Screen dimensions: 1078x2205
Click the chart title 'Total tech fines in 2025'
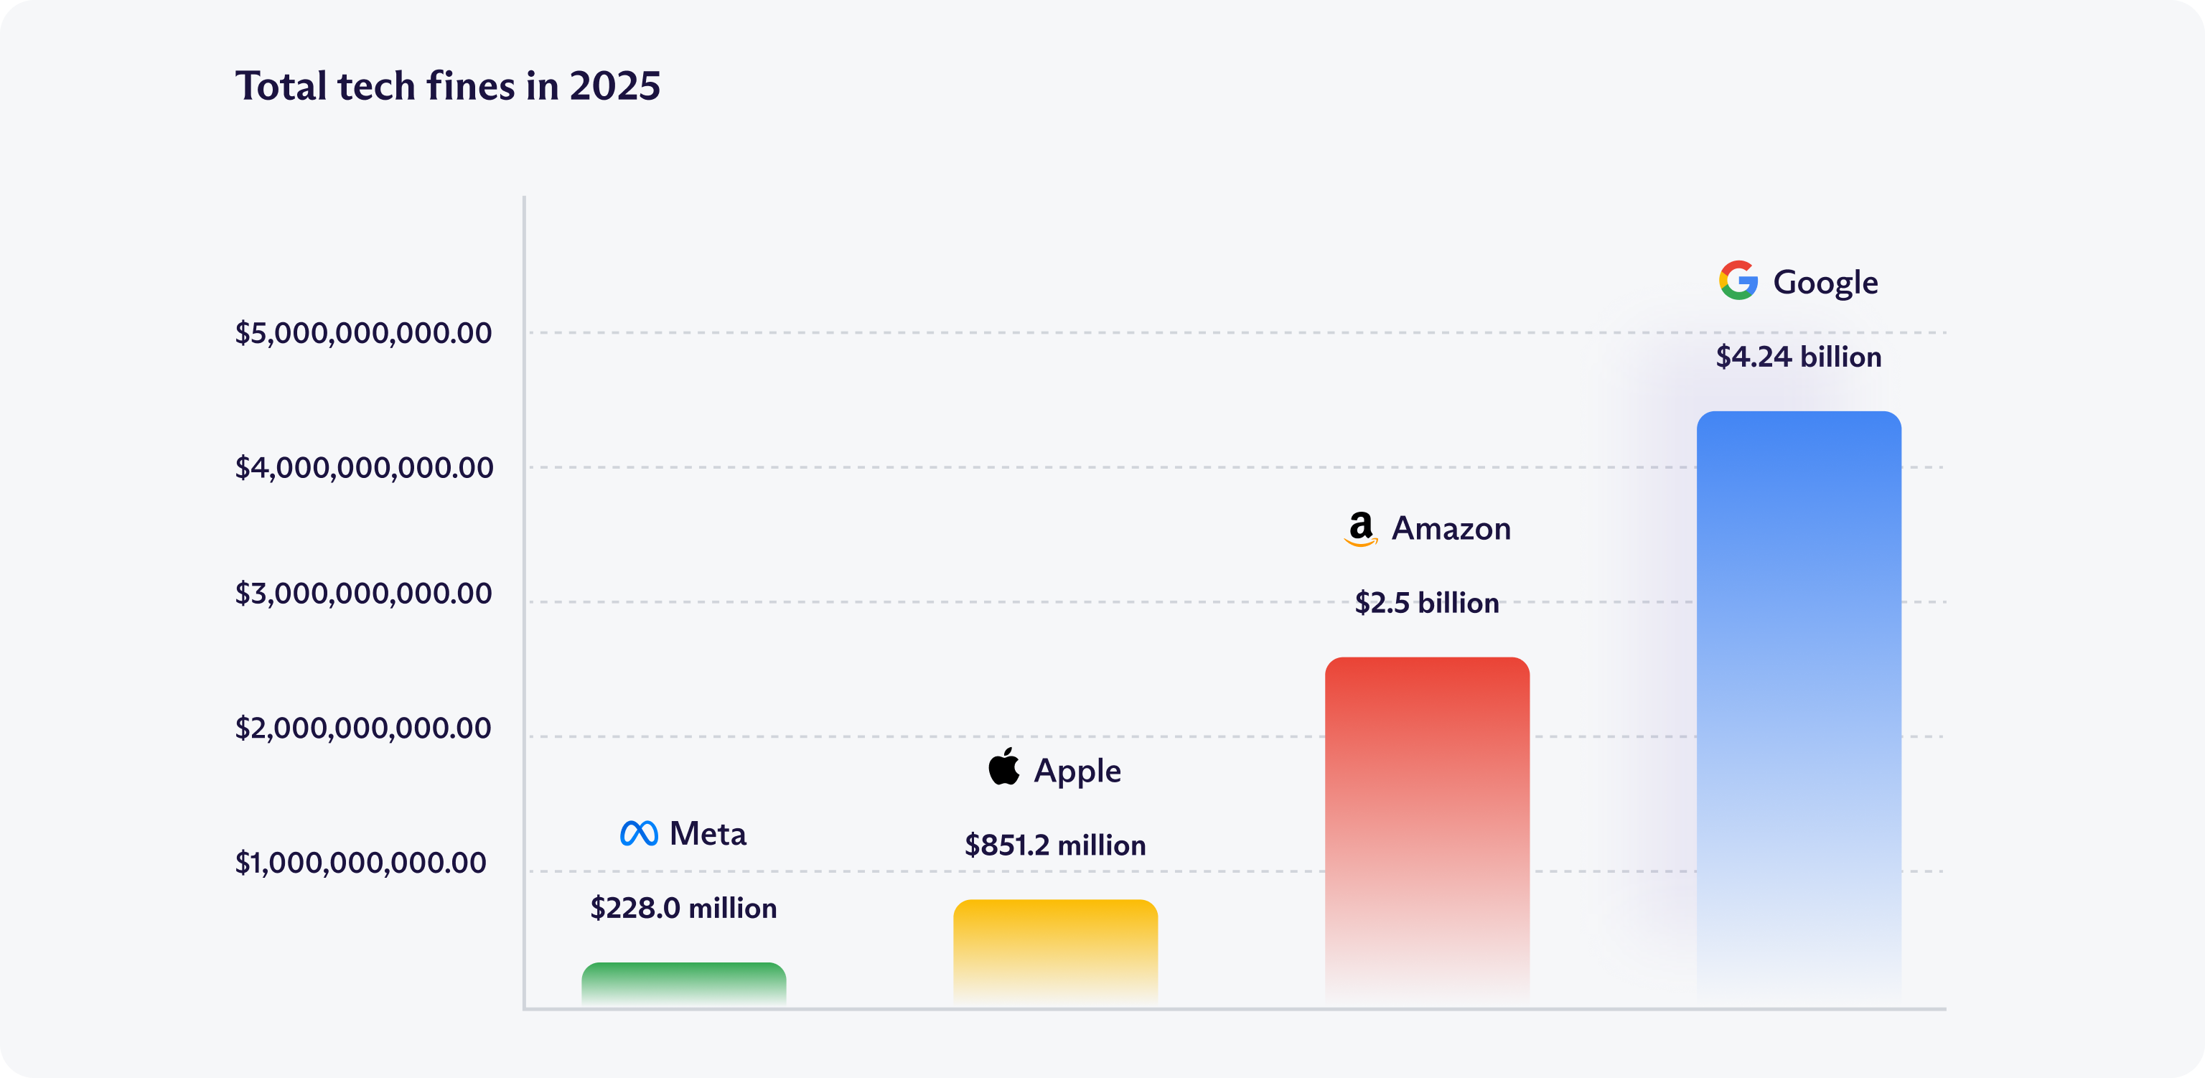(448, 86)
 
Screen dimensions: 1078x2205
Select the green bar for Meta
(683, 985)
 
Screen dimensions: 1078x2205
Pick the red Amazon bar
(1427, 830)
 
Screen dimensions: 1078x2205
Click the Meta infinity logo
(639, 833)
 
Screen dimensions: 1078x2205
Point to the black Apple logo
(1004, 767)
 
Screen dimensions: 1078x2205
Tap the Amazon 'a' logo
(1360, 528)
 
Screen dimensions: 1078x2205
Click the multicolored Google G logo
(1738, 281)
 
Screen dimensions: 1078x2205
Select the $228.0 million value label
(683, 908)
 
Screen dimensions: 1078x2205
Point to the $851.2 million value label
(1054, 845)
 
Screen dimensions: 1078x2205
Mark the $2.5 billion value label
(1427, 603)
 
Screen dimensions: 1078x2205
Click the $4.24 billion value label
(1799, 356)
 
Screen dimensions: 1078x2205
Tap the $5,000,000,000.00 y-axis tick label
(364, 333)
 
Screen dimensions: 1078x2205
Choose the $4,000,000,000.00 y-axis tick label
(364, 467)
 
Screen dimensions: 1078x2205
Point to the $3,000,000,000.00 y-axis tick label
(364, 594)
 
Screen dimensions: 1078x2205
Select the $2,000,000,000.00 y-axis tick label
(364, 728)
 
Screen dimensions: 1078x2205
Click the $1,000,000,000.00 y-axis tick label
(361, 862)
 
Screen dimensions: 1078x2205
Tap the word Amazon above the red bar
(1451, 528)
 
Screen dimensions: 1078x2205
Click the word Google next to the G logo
(1825, 283)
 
